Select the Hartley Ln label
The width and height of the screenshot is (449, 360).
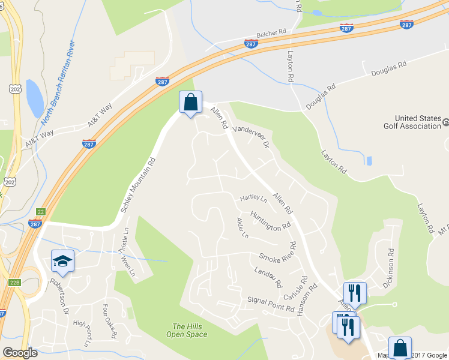253,197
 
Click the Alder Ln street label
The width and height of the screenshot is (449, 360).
243,228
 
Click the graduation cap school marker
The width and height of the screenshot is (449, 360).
62,261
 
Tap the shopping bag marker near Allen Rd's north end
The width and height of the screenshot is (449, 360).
190,102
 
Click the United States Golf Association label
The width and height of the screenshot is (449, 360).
418,122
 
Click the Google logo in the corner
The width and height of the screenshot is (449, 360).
20,353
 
